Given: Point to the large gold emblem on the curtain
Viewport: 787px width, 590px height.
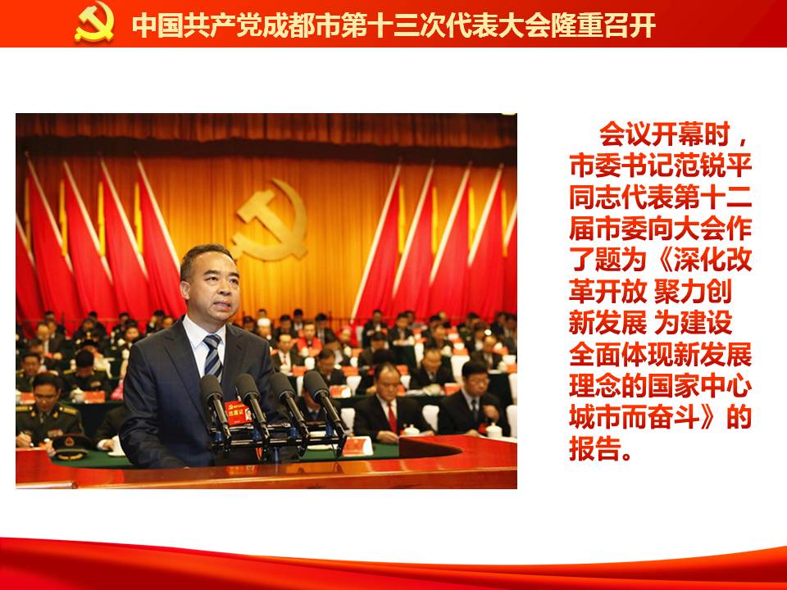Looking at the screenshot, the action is click(x=271, y=220).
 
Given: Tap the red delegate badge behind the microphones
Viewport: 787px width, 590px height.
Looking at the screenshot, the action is click(x=238, y=412).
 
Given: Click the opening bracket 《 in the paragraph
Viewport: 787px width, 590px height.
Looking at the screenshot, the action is click(x=661, y=261).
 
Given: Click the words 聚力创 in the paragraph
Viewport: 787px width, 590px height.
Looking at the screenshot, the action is click(x=694, y=292).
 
